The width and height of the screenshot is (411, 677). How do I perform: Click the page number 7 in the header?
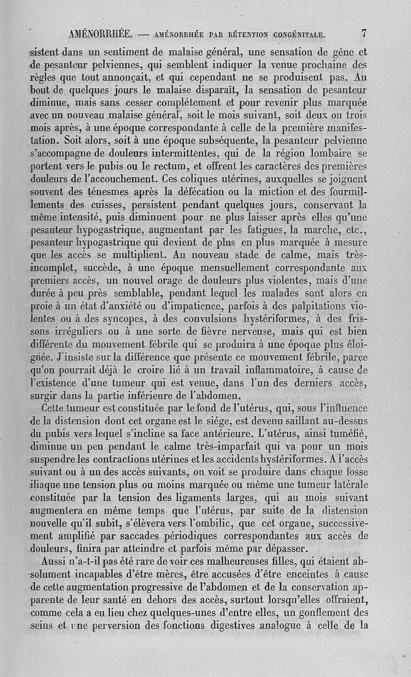coord(363,34)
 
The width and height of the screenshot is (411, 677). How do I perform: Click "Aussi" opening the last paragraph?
coord(55,560)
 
